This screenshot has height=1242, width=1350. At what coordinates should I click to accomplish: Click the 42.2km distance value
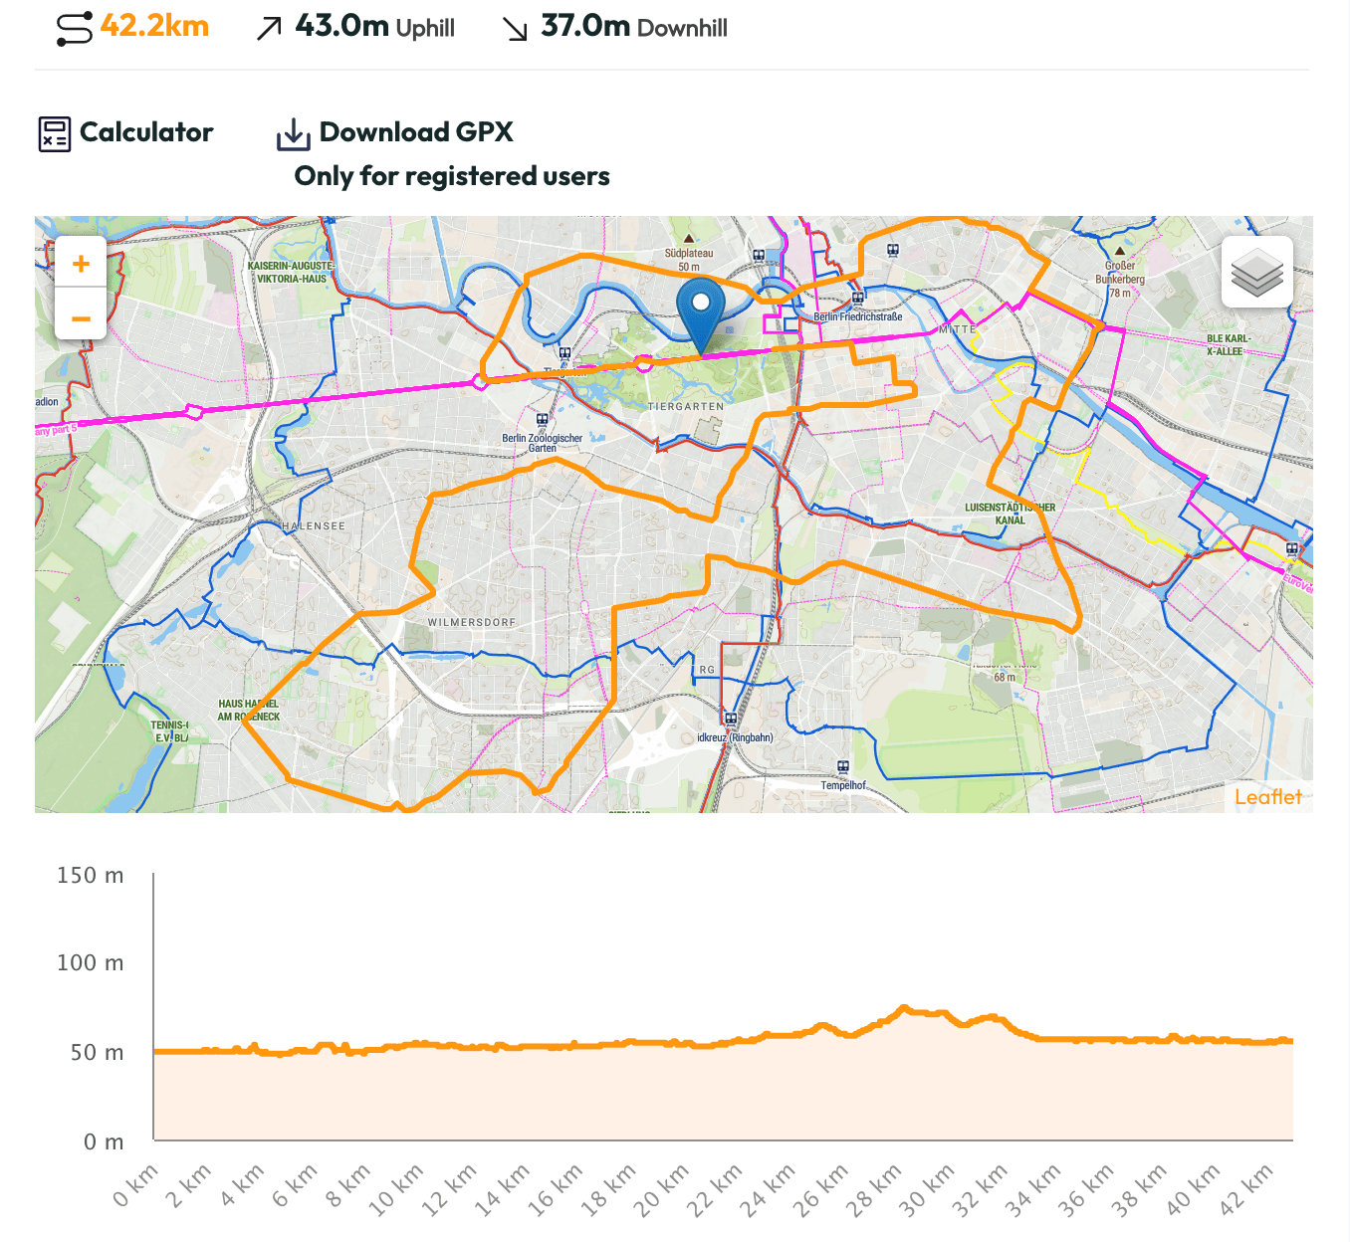[154, 26]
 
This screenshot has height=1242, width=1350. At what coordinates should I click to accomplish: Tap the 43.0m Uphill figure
[374, 27]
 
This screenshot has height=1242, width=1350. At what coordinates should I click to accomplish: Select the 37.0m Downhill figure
[633, 27]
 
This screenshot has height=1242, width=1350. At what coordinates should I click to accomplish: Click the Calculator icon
[55, 133]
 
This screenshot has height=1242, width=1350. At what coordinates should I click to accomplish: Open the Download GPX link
[415, 132]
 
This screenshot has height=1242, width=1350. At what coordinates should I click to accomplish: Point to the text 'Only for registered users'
[452, 176]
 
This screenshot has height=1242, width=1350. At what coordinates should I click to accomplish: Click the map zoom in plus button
[81, 264]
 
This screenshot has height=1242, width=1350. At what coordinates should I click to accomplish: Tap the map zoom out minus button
[81, 318]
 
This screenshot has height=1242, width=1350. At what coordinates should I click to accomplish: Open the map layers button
[1256, 272]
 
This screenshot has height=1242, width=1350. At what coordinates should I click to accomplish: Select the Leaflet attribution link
[1267, 797]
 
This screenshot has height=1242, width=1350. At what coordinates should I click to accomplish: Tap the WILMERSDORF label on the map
[472, 623]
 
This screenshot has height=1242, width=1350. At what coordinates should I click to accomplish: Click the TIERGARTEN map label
[686, 407]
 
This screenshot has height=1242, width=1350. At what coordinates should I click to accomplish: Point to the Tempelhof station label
[843, 785]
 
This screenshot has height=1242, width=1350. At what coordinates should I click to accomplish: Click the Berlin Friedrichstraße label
[858, 316]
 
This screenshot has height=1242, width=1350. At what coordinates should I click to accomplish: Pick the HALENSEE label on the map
[314, 526]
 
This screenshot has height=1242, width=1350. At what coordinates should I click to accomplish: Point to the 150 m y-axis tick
[91, 876]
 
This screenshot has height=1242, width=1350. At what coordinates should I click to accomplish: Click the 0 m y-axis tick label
[104, 1142]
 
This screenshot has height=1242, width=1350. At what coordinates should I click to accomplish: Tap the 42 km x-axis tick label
[1246, 1190]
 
